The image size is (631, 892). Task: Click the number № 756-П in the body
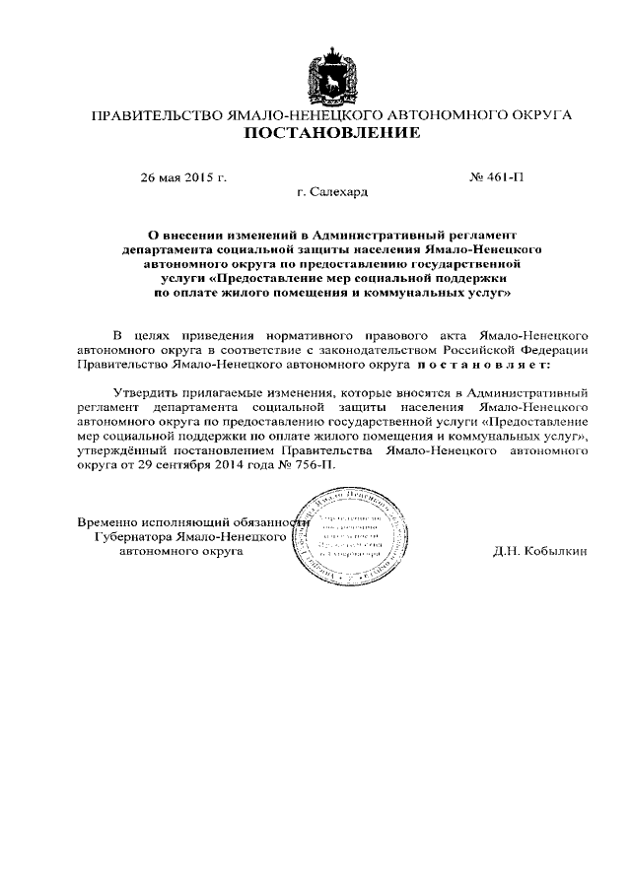pos(310,462)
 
